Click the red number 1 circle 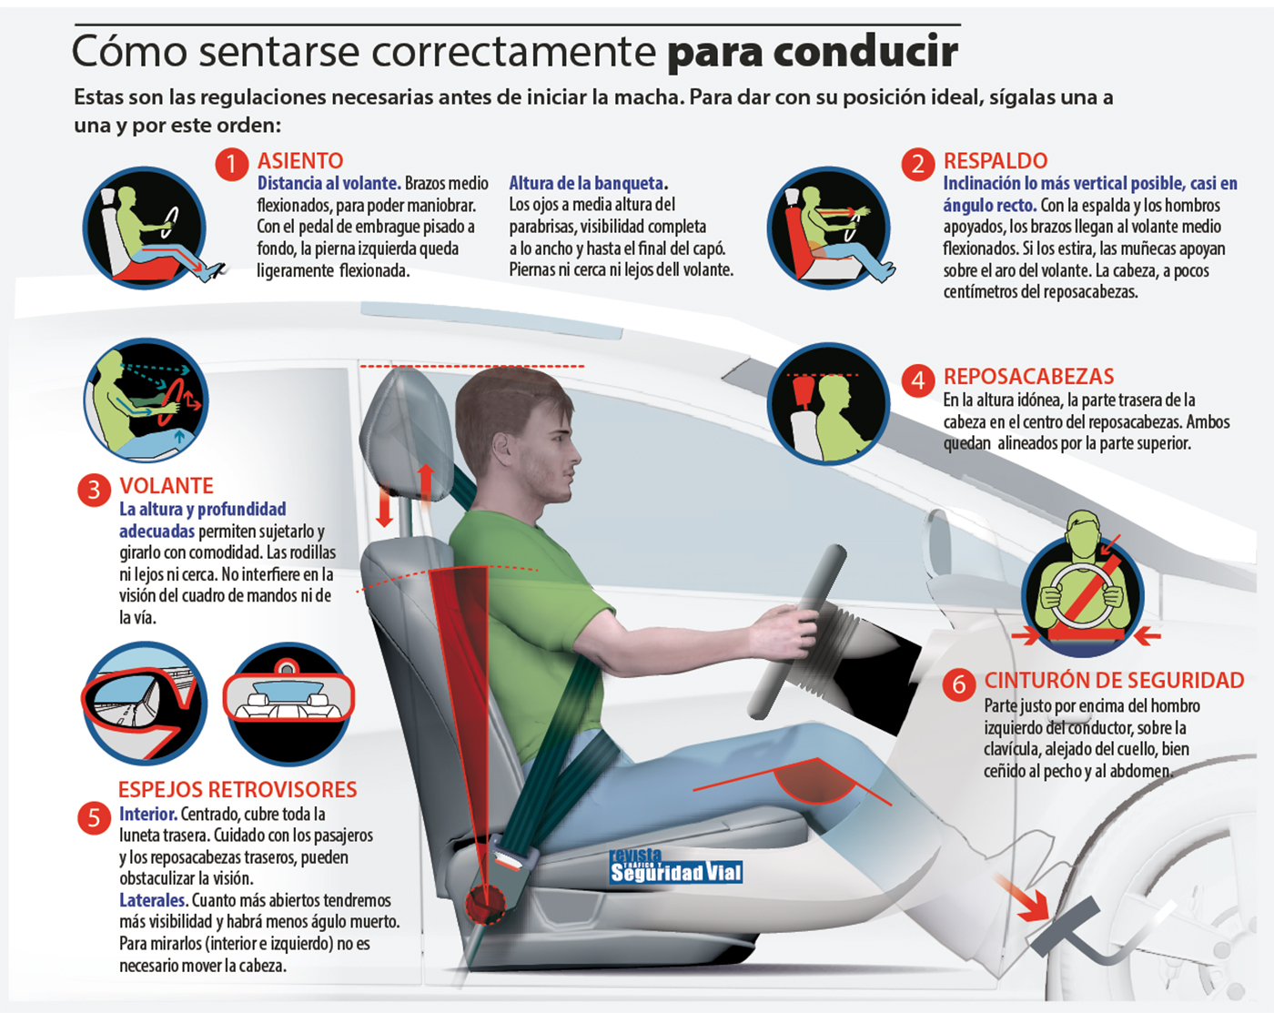click(231, 164)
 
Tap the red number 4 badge click(917, 380)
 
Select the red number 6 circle click(958, 684)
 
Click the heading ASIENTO click(300, 161)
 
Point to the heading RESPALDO click(995, 161)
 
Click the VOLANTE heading click(167, 486)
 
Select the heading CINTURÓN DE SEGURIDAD click(1114, 681)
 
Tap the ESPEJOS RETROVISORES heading click(238, 790)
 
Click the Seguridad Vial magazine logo click(675, 868)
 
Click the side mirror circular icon click(144, 704)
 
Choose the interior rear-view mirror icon click(288, 702)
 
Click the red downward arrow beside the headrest click(385, 506)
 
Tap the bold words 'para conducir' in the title click(812, 52)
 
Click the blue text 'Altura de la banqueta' click(587, 183)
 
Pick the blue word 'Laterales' click(153, 900)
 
